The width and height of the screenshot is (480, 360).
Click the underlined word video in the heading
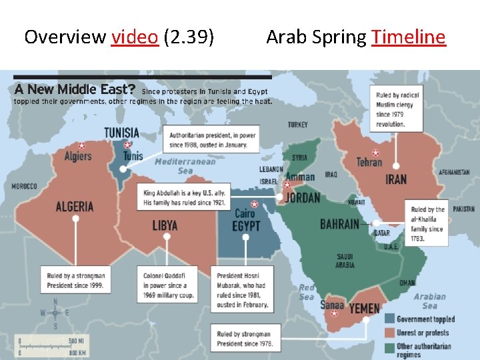(x=135, y=37)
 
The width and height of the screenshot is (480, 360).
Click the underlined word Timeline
(x=408, y=37)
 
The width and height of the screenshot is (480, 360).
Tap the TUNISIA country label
(x=121, y=133)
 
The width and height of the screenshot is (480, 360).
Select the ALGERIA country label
(x=75, y=206)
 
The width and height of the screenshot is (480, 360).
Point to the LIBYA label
(x=165, y=225)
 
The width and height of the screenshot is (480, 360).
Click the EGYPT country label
(x=246, y=226)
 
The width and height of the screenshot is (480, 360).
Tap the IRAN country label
(x=396, y=179)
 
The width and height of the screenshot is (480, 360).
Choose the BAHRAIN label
(x=339, y=224)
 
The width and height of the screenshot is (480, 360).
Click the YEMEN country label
(x=364, y=309)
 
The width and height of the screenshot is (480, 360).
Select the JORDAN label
(x=302, y=198)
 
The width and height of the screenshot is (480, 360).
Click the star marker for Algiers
(x=81, y=146)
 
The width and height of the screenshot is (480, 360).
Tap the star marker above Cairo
(x=253, y=205)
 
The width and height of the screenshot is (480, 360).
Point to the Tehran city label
(x=369, y=162)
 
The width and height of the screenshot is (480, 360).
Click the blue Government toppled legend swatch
(x=389, y=319)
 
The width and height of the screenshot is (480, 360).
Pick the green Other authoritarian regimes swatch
(x=389, y=346)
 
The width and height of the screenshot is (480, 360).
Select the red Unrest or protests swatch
(x=389, y=333)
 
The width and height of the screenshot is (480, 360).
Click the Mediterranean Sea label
(x=185, y=166)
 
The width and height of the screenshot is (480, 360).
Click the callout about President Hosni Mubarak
(x=241, y=290)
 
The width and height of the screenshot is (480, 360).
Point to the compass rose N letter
(x=56, y=301)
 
